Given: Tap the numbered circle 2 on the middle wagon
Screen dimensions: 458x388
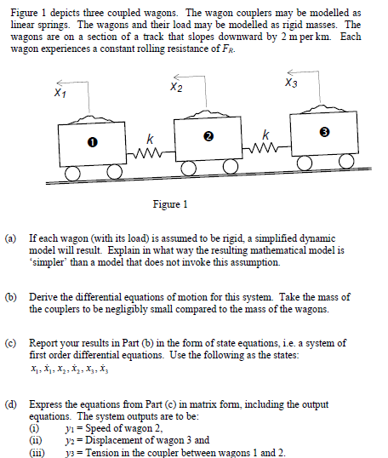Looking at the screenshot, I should pyautogui.click(x=208, y=138).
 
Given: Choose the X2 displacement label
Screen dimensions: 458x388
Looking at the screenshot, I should pyautogui.click(x=176, y=87).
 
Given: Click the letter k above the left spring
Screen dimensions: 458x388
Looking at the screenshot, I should pyautogui.click(x=150, y=138).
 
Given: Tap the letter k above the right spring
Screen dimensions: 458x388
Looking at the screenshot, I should pyautogui.click(x=268, y=134).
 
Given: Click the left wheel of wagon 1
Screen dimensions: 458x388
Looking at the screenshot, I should pyautogui.click(x=71, y=174).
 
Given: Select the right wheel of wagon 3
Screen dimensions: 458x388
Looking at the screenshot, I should pyautogui.click(x=346, y=163).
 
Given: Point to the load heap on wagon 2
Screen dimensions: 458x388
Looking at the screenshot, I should pyautogui.click(x=206, y=112).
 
